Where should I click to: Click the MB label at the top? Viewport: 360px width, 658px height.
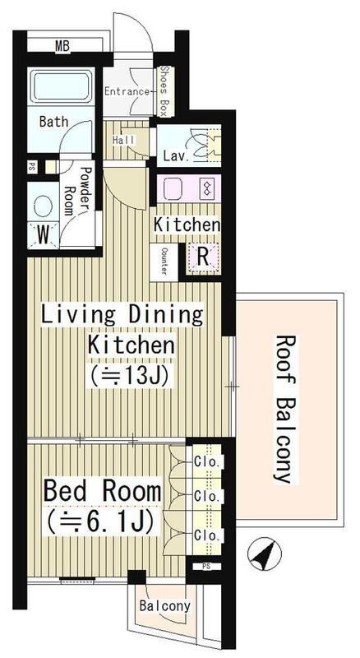(62, 47)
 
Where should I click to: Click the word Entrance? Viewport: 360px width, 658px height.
(127, 91)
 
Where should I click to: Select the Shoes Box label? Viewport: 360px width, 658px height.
(164, 91)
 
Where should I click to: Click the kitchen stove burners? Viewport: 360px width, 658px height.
(207, 188)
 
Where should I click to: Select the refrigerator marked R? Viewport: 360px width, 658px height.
(203, 257)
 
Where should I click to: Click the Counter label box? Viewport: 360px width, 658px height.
(164, 262)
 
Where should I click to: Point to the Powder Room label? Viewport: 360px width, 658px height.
(78, 191)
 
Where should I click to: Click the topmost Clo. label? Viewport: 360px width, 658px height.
(207, 462)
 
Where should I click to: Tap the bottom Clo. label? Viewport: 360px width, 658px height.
(207, 535)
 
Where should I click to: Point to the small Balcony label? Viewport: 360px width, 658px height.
(165, 606)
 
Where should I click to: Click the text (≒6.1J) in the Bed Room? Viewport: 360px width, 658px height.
(99, 521)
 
